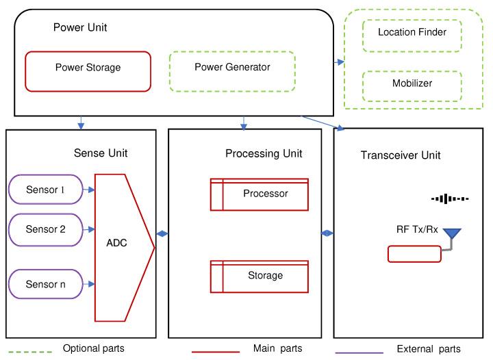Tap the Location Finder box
(x=412, y=33)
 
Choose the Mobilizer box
(x=412, y=84)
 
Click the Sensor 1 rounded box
(x=45, y=190)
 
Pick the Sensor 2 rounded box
(x=45, y=230)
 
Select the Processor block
(x=260, y=194)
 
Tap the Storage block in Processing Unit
(x=260, y=276)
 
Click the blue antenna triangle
(x=452, y=235)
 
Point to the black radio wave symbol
(x=449, y=199)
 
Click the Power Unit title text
(x=80, y=28)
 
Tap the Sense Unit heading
(x=100, y=153)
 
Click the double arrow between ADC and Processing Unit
(x=162, y=234)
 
